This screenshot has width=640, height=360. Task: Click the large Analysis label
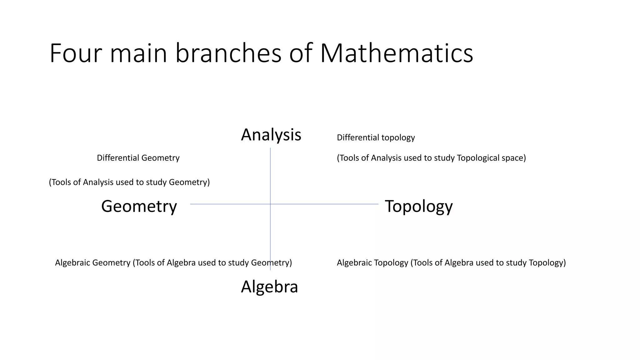[x=271, y=135]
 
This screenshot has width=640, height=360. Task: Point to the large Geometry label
[x=139, y=206]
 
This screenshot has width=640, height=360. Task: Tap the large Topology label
[x=418, y=206]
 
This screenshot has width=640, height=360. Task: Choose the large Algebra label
[x=269, y=287]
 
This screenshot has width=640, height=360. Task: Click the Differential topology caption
[x=376, y=137]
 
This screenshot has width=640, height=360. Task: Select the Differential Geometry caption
[x=138, y=158]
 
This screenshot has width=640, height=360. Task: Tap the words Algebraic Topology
[x=372, y=262]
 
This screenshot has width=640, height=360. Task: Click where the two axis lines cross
[x=270, y=204]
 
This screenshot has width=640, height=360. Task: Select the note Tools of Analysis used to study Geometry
[x=129, y=182]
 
